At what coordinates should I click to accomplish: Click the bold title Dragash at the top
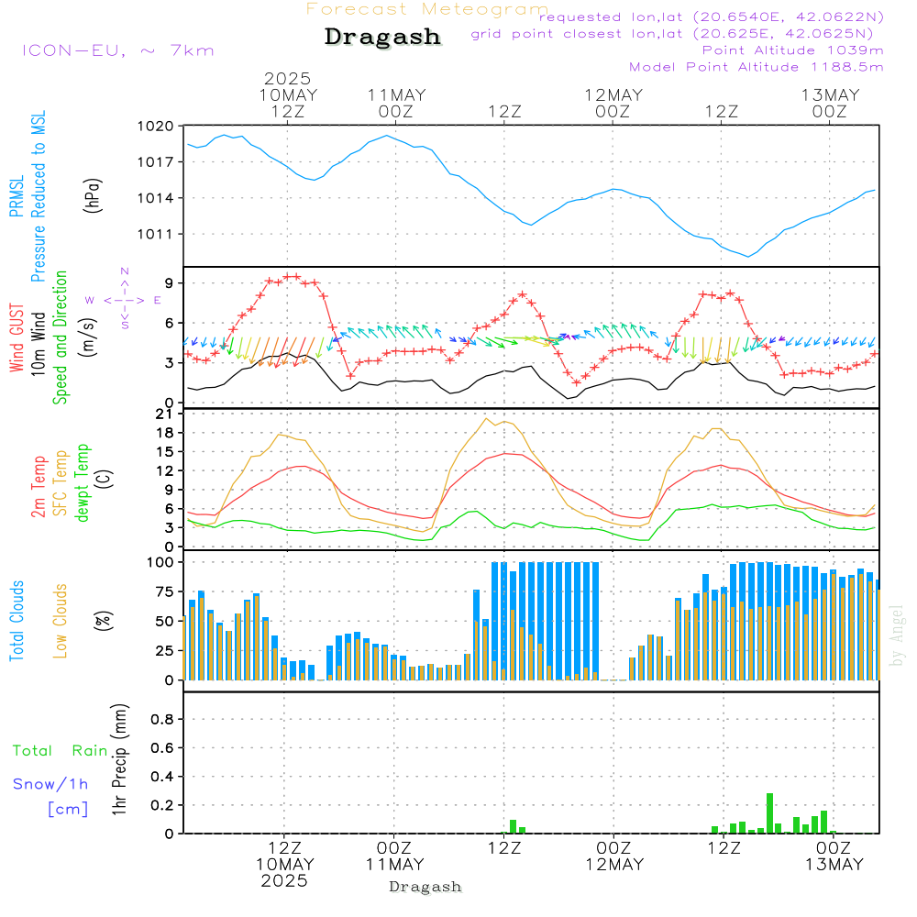tap(382, 37)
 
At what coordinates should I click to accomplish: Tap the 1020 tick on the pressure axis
tap(155, 126)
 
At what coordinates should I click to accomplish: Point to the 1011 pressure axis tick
tap(155, 235)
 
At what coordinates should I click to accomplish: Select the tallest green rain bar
tap(769, 812)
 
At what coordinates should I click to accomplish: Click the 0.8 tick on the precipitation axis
tap(162, 719)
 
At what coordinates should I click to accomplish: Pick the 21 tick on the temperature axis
tap(165, 414)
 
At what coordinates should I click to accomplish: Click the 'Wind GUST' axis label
tap(17, 337)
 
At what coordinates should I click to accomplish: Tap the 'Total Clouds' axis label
tap(17, 621)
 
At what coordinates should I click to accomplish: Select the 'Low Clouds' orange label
tap(61, 621)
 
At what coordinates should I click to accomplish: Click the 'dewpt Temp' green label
tap(82, 482)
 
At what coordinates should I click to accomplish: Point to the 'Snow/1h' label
tap(50, 784)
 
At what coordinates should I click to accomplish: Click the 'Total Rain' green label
tap(61, 750)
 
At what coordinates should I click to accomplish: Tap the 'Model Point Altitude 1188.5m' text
tap(757, 67)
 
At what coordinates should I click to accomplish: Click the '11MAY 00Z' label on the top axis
tap(396, 103)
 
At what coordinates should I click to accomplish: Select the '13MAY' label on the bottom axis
tap(834, 865)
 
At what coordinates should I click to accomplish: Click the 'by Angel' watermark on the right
tap(897, 635)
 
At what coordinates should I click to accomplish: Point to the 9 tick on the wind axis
tap(169, 283)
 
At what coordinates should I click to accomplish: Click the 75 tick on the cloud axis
tap(164, 591)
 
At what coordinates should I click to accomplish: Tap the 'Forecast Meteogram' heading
tap(427, 9)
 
